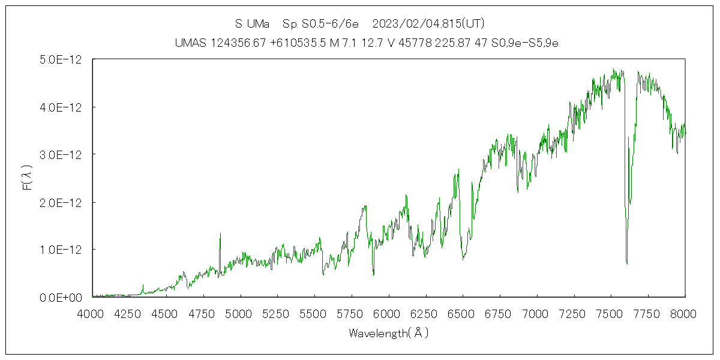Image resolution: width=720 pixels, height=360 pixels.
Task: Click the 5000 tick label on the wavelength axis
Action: click(241, 313)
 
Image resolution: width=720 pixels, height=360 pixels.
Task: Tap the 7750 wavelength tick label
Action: click(648, 313)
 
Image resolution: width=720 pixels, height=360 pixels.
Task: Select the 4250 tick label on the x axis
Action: click(130, 313)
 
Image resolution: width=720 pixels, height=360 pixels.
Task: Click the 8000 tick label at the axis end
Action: click(685, 313)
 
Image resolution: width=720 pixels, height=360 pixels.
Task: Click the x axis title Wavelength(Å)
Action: click(389, 333)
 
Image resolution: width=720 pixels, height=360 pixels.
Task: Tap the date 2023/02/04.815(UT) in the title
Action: click(428, 24)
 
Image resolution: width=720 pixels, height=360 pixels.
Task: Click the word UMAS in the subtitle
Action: click(191, 43)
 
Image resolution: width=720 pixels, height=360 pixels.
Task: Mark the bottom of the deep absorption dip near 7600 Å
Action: click(626, 263)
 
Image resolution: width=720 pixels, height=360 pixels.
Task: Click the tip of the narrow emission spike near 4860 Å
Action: click(220, 233)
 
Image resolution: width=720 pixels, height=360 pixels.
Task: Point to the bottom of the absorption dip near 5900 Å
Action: click(373, 275)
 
